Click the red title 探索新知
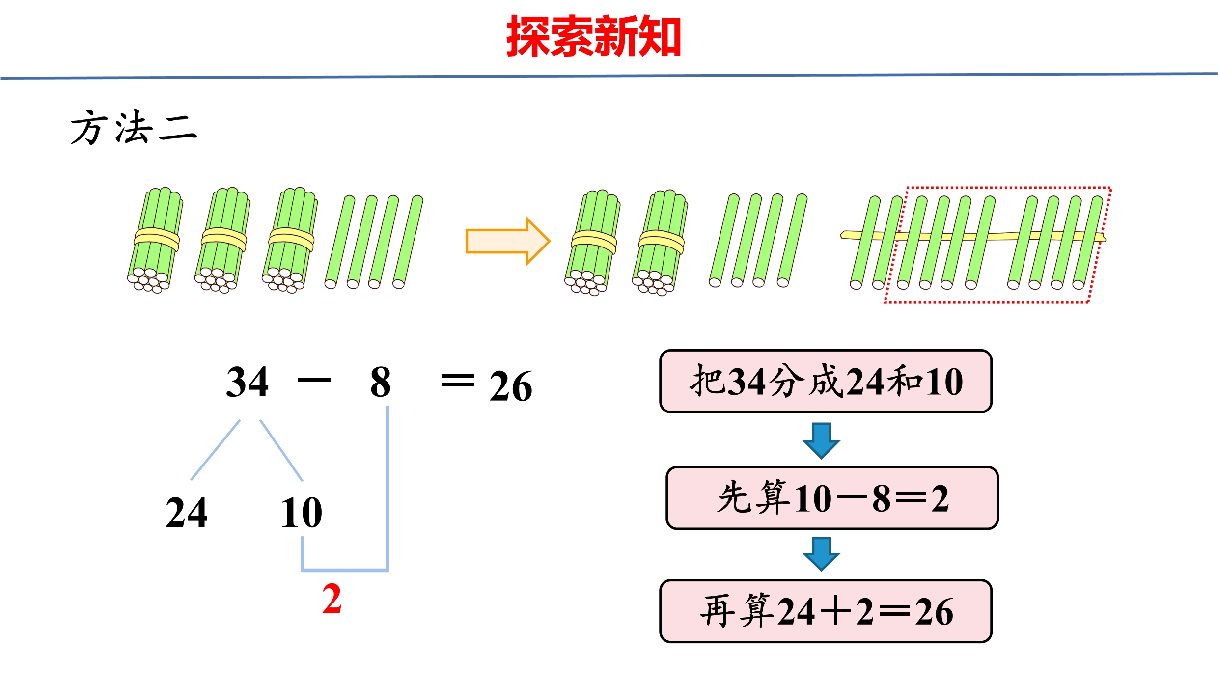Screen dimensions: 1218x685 click(x=593, y=36)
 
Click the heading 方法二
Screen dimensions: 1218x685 click(x=134, y=127)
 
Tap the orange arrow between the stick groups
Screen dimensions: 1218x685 click(x=508, y=241)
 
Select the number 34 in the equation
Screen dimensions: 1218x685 click(x=247, y=382)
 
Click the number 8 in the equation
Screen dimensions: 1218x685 click(x=381, y=382)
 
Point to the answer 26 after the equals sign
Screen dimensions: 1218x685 click(x=511, y=386)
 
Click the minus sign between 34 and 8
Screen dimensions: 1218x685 click(x=314, y=380)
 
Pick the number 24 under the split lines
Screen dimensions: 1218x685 click(x=187, y=512)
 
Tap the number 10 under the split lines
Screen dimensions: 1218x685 click(x=301, y=512)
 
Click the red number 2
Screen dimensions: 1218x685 click(x=332, y=599)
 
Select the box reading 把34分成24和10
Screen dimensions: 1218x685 click(x=826, y=381)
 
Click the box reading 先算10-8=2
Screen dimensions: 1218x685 click(x=832, y=498)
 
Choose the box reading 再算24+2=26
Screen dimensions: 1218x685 click(x=826, y=611)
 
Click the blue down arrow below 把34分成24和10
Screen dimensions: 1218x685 click(x=821, y=440)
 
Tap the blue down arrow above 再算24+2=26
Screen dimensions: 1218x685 click(x=821, y=554)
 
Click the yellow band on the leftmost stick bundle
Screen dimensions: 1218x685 click(x=157, y=239)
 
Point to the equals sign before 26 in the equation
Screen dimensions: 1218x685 click(x=458, y=380)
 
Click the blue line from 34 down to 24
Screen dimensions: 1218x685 click(x=215, y=450)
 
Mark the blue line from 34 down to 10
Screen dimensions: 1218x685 click(x=281, y=450)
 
